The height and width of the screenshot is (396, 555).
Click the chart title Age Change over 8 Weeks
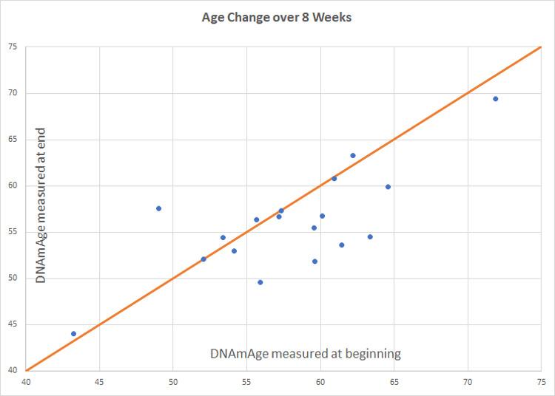pyautogui.click(x=277, y=17)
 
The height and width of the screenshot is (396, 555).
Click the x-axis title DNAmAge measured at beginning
pyautogui.click(x=306, y=353)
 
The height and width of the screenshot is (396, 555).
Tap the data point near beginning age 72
pyautogui.click(x=496, y=99)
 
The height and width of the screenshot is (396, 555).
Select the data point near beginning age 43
pyautogui.click(x=73, y=334)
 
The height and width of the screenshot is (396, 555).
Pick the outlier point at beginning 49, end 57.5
pyautogui.click(x=158, y=208)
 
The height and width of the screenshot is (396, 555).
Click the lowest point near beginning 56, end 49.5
pyautogui.click(x=260, y=282)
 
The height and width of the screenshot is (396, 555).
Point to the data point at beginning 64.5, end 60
pyautogui.click(x=388, y=187)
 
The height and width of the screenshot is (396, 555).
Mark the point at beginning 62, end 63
pyautogui.click(x=353, y=155)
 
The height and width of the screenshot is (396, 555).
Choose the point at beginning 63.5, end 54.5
pyautogui.click(x=370, y=236)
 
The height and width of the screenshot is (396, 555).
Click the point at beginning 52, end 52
pyautogui.click(x=203, y=259)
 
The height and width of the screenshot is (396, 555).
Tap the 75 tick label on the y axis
pyautogui.click(x=13, y=47)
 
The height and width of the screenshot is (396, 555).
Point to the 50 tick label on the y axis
pyautogui.click(x=13, y=279)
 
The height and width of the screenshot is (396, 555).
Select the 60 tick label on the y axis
pyautogui.click(x=13, y=185)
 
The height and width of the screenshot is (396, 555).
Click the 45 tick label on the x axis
pyautogui.click(x=99, y=383)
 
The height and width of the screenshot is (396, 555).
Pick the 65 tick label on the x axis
pyautogui.click(x=394, y=383)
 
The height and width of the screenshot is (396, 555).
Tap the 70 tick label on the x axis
pyautogui.click(x=467, y=383)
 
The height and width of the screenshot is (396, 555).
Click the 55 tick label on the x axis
pyautogui.click(x=246, y=383)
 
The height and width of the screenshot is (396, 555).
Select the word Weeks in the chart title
pyautogui.click(x=332, y=17)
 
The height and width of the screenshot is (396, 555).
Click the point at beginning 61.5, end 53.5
pyautogui.click(x=342, y=245)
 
